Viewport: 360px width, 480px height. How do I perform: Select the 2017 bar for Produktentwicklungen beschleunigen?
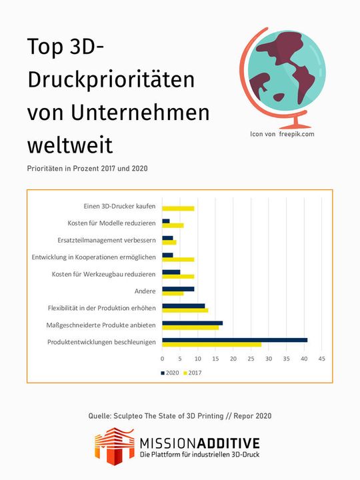(211, 345)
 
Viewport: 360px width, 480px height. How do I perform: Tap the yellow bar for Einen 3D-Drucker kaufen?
(178, 208)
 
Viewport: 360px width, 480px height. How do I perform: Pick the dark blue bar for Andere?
(178, 289)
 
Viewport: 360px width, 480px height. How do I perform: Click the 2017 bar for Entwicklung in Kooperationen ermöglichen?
(178, 259)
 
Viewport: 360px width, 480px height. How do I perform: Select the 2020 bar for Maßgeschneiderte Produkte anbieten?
(192, 323)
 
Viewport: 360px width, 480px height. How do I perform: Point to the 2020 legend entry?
(171, 373)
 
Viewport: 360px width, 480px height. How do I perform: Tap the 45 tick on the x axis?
(321, 359)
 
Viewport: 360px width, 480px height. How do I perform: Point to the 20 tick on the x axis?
(233, 359)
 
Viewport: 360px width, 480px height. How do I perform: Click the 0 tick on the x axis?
(162, 359)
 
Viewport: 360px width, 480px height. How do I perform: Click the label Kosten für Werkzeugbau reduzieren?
(103, 274)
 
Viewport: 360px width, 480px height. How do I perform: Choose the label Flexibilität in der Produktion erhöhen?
(102, 308)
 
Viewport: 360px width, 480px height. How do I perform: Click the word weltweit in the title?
(69, 144)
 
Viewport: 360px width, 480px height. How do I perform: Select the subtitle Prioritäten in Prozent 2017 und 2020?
(87, 168)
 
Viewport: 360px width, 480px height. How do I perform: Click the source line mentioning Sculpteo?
(179, 416)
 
